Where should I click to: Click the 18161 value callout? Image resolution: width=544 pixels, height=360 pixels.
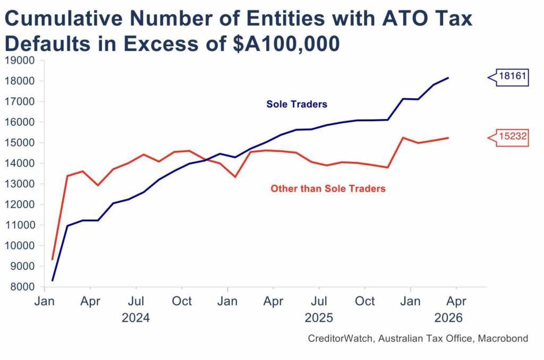click(x=512, y=77)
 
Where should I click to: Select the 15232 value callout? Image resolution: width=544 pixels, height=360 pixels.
click(x=512, y=137)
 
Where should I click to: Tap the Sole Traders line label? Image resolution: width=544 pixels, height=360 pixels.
click(x=296, y=105)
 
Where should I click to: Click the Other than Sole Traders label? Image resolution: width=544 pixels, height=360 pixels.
click(x=328, y=188)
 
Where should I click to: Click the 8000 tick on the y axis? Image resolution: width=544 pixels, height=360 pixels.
click(x=22, y=287)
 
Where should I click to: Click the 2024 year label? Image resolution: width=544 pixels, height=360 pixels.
click(x=135, y=318)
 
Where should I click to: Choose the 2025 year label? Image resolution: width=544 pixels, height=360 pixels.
click(x=318, y=318)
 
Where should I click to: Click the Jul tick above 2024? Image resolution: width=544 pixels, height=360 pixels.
click(x=136, y=302)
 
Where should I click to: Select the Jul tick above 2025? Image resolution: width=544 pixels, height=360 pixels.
click(x=319, y=302)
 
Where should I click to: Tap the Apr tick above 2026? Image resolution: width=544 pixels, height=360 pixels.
click(x=456, y=302)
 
